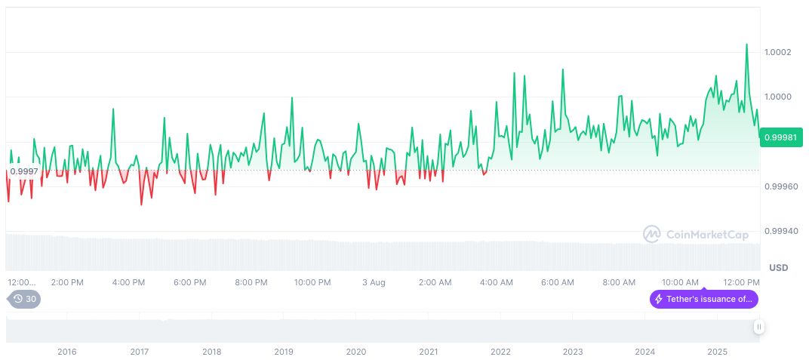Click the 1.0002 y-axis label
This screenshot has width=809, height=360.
coord(777,52)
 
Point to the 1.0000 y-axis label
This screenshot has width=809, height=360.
coord(777,97)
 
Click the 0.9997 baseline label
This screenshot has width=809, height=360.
coord(24,171)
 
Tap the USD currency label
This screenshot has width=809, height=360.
coord(778,268)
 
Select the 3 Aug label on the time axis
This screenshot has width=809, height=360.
coord(374,282)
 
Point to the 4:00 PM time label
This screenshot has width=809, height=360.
coord(128,282)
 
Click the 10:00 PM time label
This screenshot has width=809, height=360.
coord(312,282)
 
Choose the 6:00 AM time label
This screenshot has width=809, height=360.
coord(558,282)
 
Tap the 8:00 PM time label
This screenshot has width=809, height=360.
coord(251,282)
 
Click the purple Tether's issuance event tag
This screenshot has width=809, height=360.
coord(703,299)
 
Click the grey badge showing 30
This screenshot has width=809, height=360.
coord(24,299)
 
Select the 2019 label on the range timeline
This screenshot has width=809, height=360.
coord(284,352)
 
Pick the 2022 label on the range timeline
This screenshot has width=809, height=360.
coord(500,352)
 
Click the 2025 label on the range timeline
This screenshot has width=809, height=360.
coord(717,352)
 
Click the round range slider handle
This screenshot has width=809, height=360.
coord(758,327)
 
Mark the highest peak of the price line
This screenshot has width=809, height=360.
coord(746,44)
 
